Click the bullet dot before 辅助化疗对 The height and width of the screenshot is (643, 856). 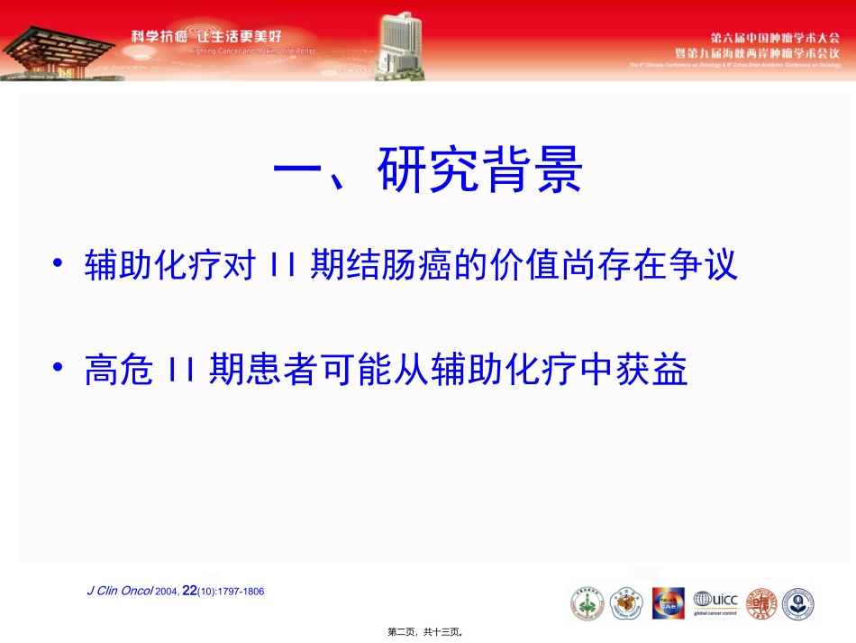tap(59, 265)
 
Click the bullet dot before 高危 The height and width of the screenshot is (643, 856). tap(59, 369)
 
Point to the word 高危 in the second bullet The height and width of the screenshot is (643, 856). tap(118, 370)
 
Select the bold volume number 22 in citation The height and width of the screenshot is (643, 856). tap(189, 591)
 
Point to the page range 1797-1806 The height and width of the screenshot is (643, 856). tap(239, 592)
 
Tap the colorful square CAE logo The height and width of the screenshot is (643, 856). tap(667, 603)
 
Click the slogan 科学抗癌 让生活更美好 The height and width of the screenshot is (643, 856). tap(206, 37)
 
